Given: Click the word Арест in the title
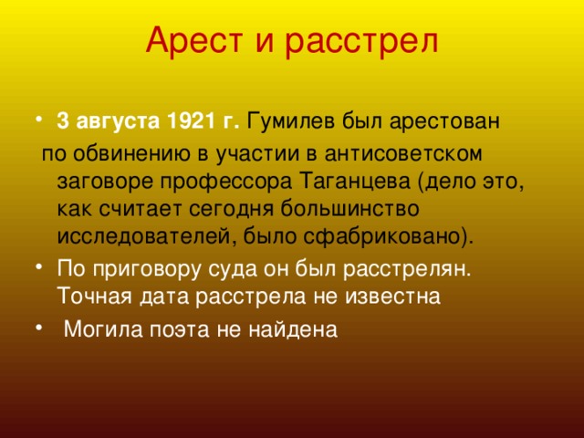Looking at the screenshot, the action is point(194,40).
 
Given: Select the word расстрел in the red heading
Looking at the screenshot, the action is point(361,43).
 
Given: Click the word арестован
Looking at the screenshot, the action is point(444,121).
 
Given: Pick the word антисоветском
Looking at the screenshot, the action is point(403,153).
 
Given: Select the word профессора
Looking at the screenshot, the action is point(225,182).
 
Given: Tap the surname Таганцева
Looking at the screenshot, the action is point(355,182).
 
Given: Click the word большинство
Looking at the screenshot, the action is point(349,209).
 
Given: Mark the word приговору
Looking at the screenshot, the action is point(147,269).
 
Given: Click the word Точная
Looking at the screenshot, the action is point(95,296).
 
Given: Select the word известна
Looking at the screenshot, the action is point(392,297).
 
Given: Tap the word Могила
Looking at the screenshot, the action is point(103,328).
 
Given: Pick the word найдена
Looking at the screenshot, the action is point(293,328).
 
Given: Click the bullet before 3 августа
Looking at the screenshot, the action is point(38,120).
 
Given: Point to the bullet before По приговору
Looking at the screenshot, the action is point(38,267).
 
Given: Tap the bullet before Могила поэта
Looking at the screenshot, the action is point(38,328).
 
